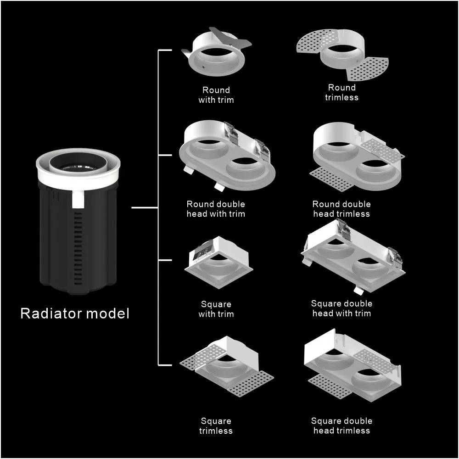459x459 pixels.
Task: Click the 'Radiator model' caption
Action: coord(75,313)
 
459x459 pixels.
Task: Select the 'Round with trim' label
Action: coord(216,95)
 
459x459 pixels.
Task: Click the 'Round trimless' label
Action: coord(341,92)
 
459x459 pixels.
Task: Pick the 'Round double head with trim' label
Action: coord(216,209)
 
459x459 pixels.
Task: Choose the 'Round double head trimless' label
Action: coord(341,209)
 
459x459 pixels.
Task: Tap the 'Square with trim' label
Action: coord(216,309)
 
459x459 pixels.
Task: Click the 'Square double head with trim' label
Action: coord(341,308)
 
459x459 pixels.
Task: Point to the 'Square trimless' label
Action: coord(216,425)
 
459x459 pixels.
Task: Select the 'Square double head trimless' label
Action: coord(341,425)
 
